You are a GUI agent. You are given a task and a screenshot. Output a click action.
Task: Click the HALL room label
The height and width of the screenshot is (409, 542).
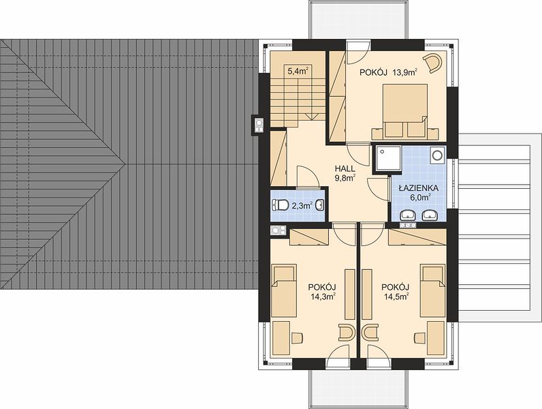pos(345,169)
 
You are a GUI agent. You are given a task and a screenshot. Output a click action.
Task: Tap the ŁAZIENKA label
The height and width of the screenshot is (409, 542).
pos(418,188)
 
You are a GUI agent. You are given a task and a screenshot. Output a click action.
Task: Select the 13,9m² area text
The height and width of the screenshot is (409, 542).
pos(405,72)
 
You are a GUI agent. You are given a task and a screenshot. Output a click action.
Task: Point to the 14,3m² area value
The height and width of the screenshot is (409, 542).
pos(323,296)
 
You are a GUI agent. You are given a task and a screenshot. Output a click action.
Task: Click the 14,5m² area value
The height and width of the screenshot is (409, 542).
pos(396,296)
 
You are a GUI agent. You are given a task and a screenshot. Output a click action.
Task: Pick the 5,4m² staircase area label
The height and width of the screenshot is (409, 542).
pos(298,72)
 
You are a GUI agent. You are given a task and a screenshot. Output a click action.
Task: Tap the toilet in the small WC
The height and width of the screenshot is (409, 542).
pos(281,205)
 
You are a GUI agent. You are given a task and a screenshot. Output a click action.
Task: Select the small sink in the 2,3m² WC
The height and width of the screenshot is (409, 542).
pos(321,206)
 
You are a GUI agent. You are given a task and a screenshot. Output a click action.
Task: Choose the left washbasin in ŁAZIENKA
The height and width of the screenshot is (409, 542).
pos(409,215)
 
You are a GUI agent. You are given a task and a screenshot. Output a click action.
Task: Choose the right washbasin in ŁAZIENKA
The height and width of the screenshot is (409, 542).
pos(430,215)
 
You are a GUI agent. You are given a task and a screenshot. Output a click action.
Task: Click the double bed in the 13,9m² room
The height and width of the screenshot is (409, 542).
pos(404,110)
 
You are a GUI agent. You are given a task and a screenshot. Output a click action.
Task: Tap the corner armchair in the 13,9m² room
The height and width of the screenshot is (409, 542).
pos(434,62)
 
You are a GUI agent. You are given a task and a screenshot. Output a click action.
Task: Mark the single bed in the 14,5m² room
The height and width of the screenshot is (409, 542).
pos(433,290)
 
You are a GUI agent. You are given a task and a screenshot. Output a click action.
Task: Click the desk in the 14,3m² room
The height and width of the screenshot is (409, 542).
pos(281,338)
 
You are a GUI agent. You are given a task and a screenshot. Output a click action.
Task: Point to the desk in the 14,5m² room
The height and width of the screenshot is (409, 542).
pos(436,338)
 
